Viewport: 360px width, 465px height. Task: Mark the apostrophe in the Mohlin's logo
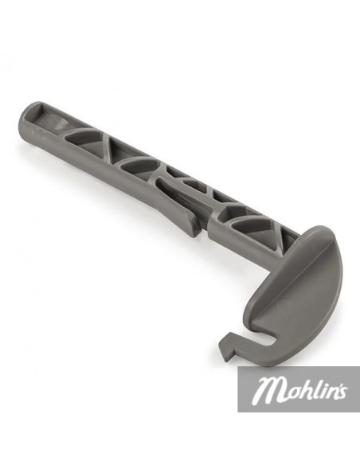pos(336,382)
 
